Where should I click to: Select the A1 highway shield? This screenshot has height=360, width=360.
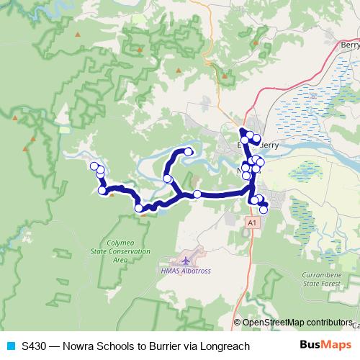(251, 224)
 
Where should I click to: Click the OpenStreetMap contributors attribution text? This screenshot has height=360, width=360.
(297, 323)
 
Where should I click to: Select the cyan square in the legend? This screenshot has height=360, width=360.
(9, 346)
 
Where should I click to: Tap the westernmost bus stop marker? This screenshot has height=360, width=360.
(94, 166)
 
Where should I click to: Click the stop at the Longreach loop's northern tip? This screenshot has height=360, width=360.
(189, 151)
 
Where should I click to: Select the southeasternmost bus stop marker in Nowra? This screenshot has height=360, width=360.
(264, 210)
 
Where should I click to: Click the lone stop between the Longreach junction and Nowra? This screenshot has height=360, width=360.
(197, 194)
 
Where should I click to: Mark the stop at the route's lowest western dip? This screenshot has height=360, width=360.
(139, 208)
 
